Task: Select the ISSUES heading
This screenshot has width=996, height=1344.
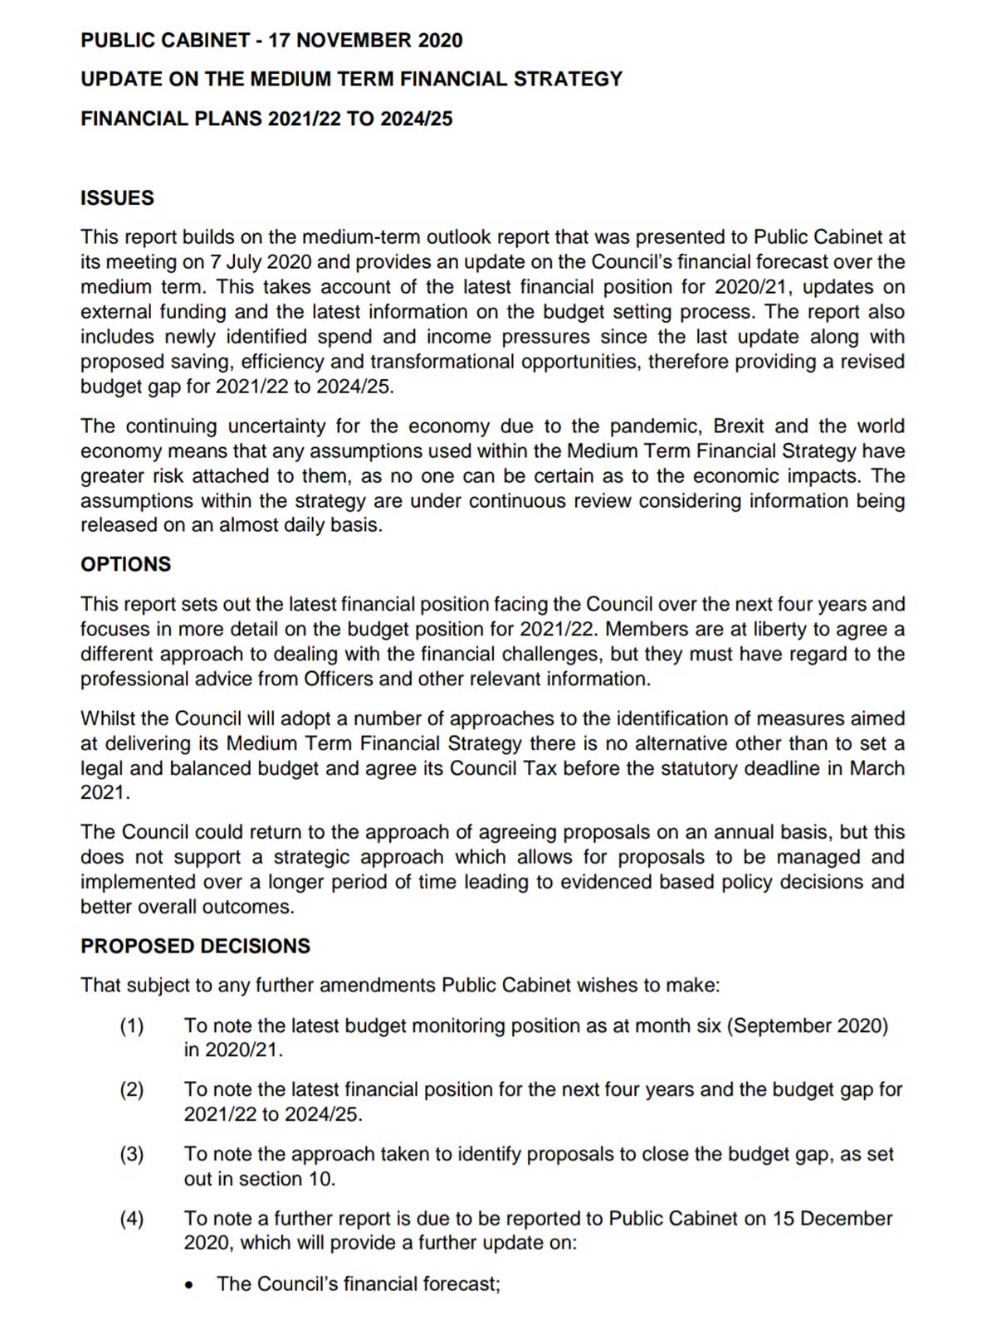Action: click(x=117, y=198)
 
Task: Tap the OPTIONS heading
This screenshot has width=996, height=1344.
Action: click(x=125, y=564)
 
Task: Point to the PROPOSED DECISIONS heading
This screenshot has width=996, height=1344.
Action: click(x=195, y=947)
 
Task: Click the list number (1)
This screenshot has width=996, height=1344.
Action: click(x=132, y=1026)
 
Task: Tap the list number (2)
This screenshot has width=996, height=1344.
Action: click(x=132, y=1089)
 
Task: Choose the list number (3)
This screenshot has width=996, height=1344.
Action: click(x=132, y=1154)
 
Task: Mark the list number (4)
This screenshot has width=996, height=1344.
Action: click(x=132, y=1219)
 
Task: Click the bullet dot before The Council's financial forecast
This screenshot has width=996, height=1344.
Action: click(x=190, y=1285)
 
